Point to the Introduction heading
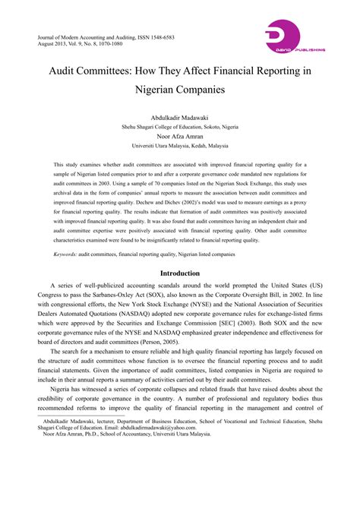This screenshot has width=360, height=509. tap(179, 273)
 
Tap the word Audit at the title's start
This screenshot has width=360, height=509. tap(71, 69)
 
